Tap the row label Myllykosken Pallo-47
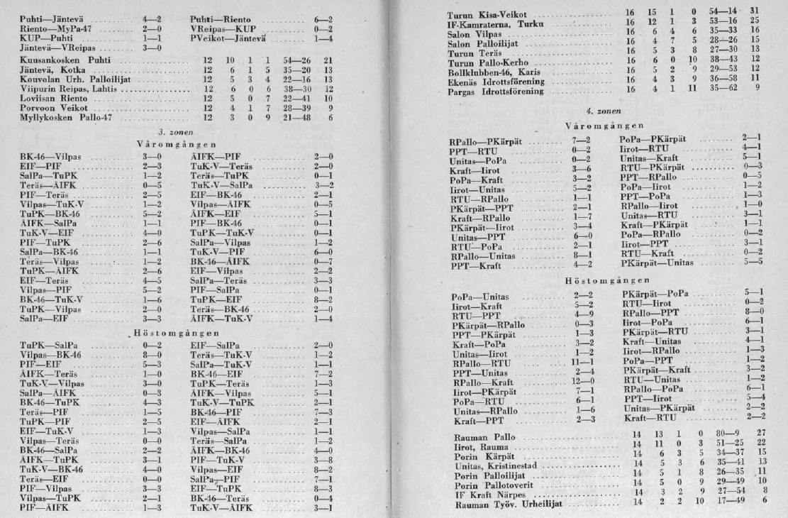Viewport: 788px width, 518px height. [x=62, y=116]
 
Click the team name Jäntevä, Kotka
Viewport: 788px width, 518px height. [x=47, y=73]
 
